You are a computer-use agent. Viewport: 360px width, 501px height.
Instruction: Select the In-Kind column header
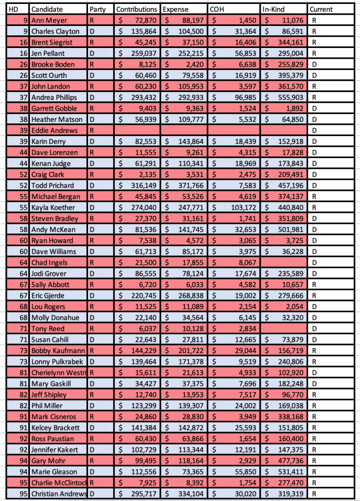pos(273,9)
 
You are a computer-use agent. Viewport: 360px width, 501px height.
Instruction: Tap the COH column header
pos(218,9)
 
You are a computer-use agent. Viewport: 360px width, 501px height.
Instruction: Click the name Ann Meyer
pos(49,21)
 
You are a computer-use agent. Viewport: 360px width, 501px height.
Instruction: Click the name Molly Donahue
pos(53,318)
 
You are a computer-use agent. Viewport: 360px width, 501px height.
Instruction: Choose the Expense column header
pos(175,9)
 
